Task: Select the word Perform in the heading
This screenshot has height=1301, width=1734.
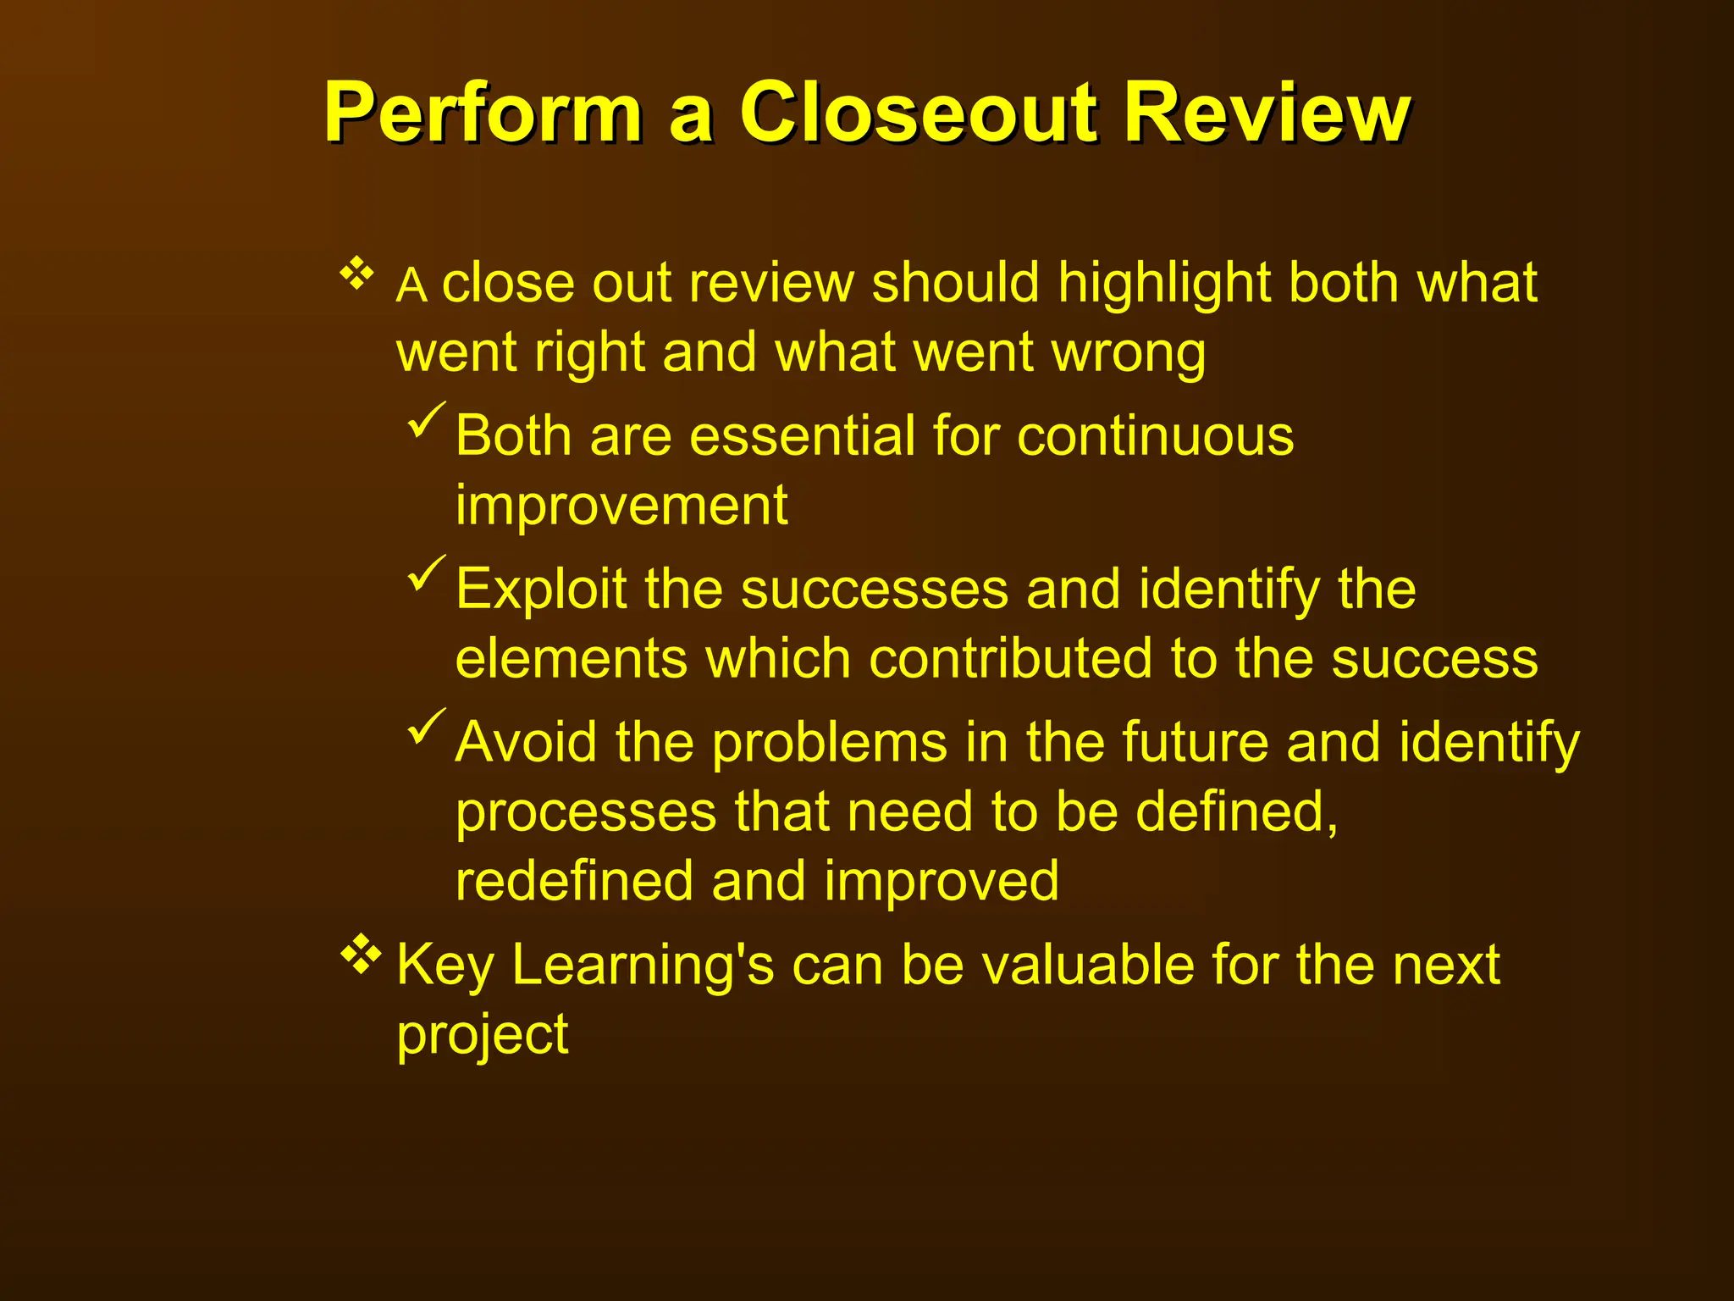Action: click(x=483, y=114)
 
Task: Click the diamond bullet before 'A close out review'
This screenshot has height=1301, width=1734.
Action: click(x=356, y=274)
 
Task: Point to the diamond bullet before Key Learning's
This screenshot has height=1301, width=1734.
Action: click(x=361, y=954)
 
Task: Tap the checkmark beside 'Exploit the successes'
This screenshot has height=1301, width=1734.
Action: click(x=426, y=574)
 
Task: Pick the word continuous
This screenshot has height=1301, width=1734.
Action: click(x=1155, y=436)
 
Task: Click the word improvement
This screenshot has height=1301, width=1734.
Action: click(x=621, y=506)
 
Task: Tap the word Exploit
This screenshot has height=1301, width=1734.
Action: click(x=541, y=590)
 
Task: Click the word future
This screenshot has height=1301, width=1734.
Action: click(x=1195, y=743)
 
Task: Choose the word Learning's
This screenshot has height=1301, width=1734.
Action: click(x=643, y=966)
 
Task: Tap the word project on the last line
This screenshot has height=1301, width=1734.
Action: click(x=483, y=1036)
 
